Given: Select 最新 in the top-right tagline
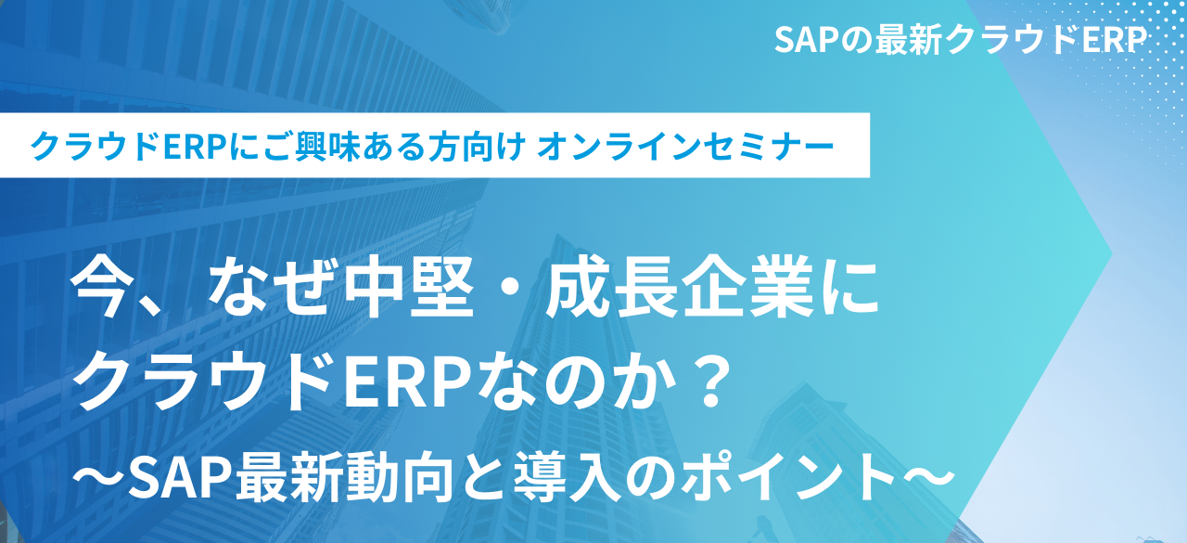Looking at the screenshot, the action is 908,40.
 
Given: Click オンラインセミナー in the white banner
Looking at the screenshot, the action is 685,147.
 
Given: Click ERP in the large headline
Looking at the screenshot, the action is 407,382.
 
